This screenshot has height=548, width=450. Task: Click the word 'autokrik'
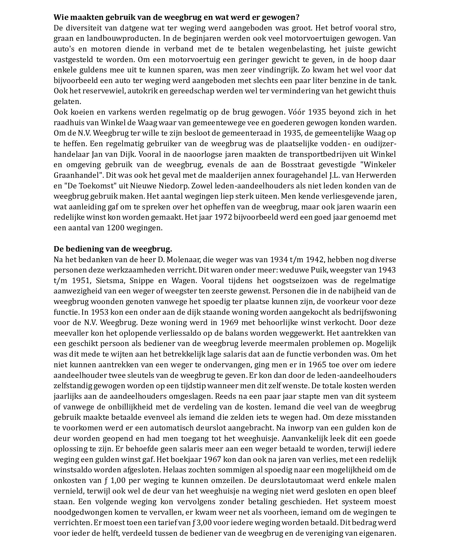tap(141, 91)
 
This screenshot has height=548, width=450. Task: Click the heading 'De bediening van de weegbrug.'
tap(113, 249)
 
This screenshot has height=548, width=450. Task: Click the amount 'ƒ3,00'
tap(201, 523)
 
